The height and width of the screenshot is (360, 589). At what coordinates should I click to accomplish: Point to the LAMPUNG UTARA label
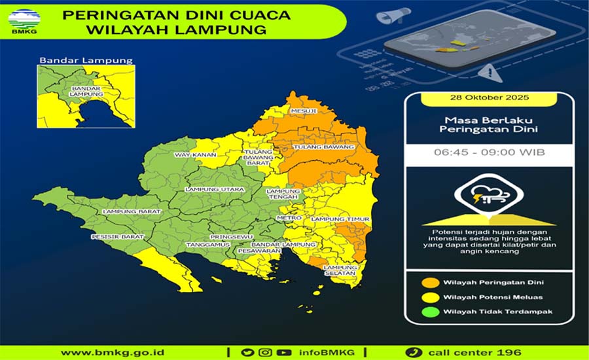pos(206,189)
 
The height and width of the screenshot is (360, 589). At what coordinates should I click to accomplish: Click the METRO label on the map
pos(290,217)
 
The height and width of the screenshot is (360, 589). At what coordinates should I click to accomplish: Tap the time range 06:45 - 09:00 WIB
pos(489,153)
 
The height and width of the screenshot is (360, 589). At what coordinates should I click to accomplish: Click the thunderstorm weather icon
pos(488,194)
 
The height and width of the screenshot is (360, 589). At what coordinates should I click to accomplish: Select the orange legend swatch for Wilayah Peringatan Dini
pos(429,283)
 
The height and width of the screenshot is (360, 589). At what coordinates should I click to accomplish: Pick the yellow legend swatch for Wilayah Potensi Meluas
pos(429,297)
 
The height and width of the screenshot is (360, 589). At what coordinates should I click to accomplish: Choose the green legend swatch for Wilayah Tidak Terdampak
pos(429,312)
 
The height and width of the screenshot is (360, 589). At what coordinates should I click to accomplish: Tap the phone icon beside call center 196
pos(412,352)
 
